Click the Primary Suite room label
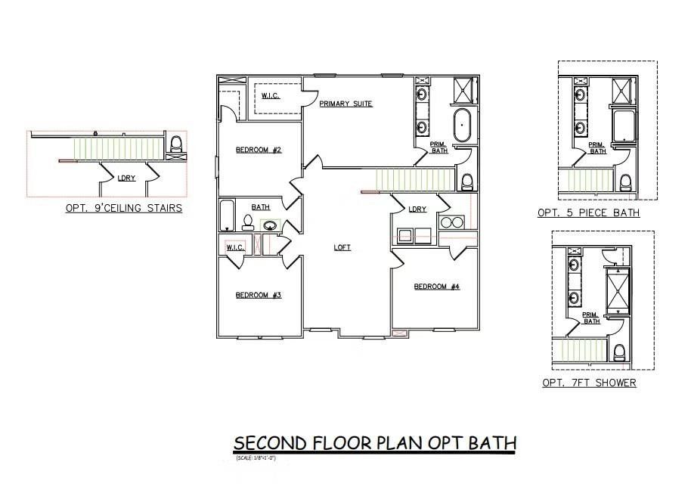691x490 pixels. coord(345,104)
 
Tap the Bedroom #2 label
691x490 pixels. coord(258,150)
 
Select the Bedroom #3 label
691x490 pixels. coord(258,295)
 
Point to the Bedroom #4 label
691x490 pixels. coord(436,287)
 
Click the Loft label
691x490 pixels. coord(342,247)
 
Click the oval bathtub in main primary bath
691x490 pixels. coord(461,126)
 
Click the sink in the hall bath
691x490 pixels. coord(270,225)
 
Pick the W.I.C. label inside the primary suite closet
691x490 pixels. coord(270,95)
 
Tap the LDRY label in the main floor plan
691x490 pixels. coord(417,209)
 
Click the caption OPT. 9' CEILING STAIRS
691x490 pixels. coord(123,208)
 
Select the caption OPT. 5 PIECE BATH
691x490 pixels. coord(588,213)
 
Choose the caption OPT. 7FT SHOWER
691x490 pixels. coord(589,383)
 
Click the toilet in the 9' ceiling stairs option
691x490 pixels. coord(176,144)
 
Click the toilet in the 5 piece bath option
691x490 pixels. coord(625,182)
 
